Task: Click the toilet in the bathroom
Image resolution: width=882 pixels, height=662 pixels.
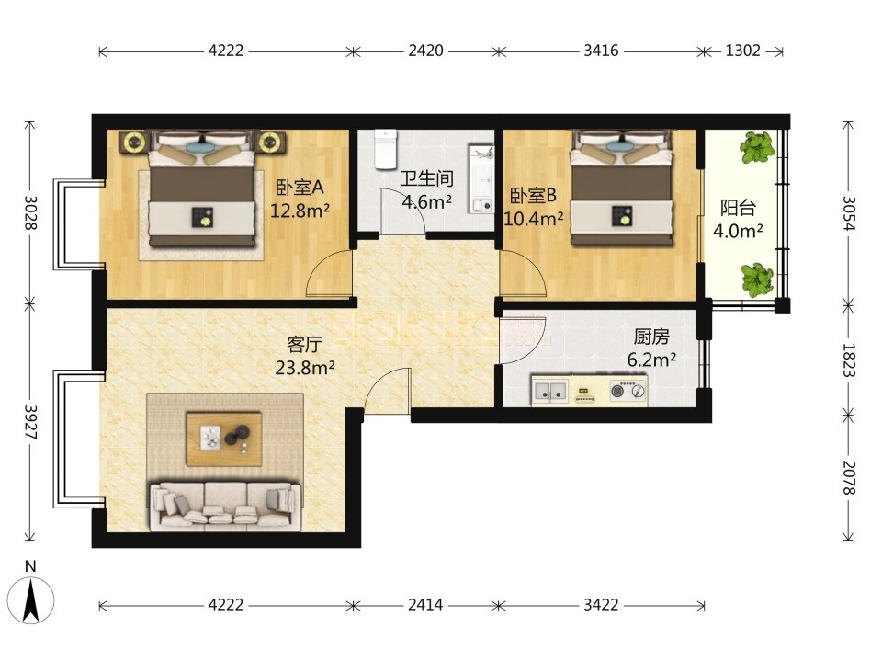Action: [386, 149]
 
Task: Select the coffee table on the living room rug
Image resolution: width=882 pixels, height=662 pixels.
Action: [224, 439]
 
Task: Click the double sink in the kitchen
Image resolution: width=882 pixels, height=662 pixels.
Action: [550, 390]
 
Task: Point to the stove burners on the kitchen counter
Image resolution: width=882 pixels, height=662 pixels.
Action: [628, 390]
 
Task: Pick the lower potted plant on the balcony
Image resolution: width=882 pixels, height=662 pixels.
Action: [757, 280]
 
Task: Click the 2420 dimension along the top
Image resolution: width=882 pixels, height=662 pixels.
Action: [425, 51]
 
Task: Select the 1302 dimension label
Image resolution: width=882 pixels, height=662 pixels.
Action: [742, 51]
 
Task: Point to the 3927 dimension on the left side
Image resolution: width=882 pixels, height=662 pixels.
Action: [31, 423]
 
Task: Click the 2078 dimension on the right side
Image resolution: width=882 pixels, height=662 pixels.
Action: [849, 478]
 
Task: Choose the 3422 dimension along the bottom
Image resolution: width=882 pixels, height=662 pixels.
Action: [601, 605]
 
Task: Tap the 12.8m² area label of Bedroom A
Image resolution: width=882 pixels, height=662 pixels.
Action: [300, 211]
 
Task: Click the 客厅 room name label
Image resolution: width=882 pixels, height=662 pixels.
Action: [304, 344]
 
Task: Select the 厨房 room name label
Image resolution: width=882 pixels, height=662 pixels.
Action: [651, 337]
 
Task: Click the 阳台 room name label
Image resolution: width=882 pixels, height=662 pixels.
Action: [738, 208]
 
